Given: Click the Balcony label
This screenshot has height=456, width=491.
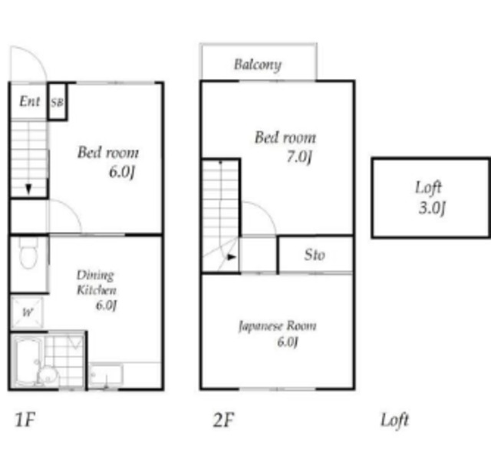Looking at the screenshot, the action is [258, 65].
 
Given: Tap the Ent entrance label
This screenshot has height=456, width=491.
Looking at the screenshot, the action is [30, 101].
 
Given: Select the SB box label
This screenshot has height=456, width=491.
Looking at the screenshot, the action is [57, 102].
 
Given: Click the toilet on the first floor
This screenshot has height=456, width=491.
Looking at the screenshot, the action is [28, 253].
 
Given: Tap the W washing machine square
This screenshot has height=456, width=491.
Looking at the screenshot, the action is [27, 312].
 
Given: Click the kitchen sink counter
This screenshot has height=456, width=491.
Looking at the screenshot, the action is [106, 375].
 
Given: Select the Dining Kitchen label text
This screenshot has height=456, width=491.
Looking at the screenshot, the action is [96, 283].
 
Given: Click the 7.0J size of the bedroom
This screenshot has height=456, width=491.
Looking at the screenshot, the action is [299, 157].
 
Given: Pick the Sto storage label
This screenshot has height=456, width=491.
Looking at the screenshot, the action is [315, 254].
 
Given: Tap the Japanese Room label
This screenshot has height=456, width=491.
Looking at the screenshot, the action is [278, 326].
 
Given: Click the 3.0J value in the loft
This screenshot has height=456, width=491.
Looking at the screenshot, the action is [432, 207].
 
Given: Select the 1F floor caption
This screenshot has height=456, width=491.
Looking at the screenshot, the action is [25, 420].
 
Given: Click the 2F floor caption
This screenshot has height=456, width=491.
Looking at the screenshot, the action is [223, 420].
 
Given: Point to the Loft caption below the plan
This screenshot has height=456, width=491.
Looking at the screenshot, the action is [394, 420].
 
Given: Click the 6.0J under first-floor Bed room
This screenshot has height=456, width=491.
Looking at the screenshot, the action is [122, 172].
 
